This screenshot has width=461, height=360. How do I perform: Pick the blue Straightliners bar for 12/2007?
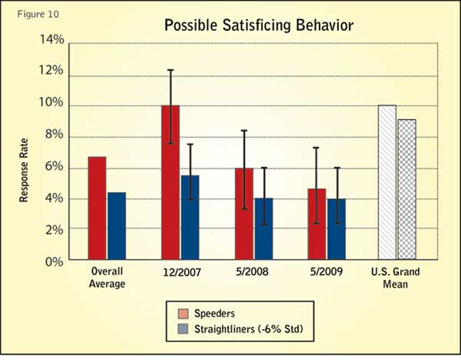[x=190, y=218]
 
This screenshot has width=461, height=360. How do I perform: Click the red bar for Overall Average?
[x=97, y=208]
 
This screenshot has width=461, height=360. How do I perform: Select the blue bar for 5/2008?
[x=263, y=230]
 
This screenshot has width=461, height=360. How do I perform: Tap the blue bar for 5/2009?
[x=336, y=230]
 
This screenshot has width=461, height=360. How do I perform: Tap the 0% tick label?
[x=55, y=261]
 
